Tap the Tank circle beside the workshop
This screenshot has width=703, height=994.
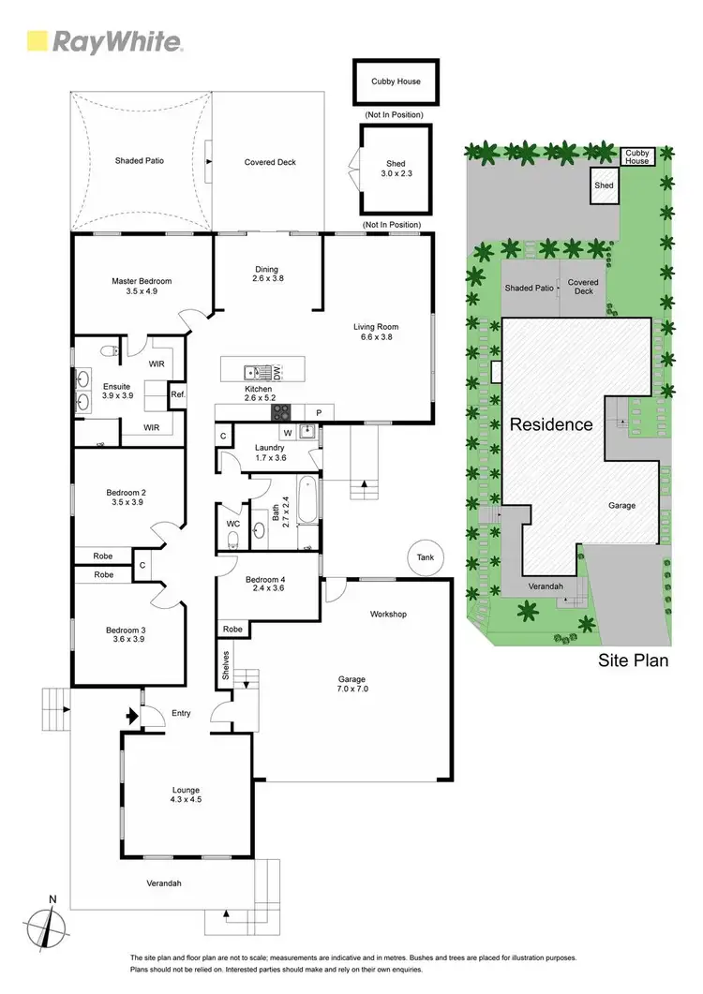coord(426,557)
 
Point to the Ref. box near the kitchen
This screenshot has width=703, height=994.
coord(177,394)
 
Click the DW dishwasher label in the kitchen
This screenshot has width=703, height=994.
coord(277,371)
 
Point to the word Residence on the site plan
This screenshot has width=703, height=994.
coord(551,424)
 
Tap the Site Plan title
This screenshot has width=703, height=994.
coord(634,660)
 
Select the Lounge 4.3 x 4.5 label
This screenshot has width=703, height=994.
coord(186,795)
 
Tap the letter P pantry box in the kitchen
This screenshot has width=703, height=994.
coord(319,412)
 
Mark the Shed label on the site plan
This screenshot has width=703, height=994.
coord(604,185)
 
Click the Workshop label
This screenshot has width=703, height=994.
coord(387,615)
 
